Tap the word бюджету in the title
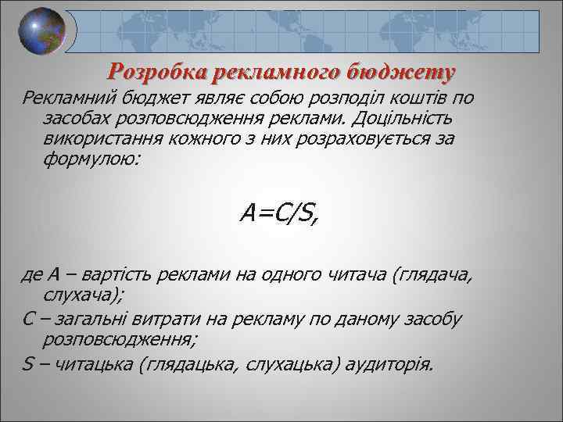coord(403,73)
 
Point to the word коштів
coord(433,98)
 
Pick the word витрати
coord(172,320)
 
